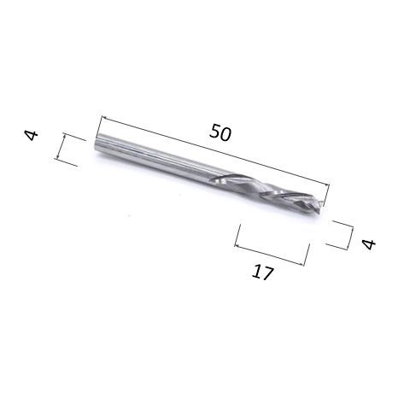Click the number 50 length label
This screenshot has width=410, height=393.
tap(220, 132)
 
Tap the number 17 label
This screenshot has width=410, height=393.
tap(262, 273)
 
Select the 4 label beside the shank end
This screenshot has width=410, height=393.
tap(31, 135)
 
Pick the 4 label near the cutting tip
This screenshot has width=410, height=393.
tap(369, 244)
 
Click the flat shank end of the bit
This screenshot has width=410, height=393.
tap(97, 144)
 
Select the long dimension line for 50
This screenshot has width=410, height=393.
tap(215, 150)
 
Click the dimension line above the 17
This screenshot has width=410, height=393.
tap(269, 255)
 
